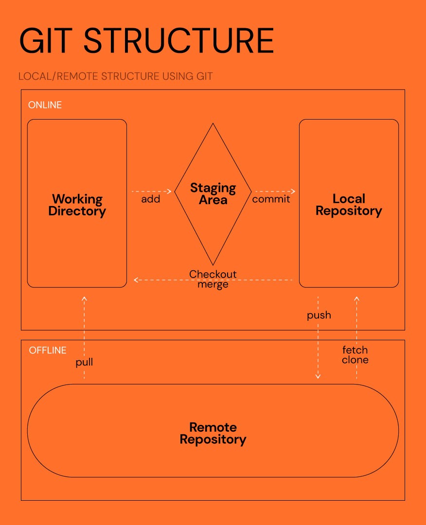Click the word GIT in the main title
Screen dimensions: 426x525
(x=46, y=41)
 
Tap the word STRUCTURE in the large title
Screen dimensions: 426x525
(x=179, y=41)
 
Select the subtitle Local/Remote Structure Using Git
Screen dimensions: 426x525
(x=116, y=76)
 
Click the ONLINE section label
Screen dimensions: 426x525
(x=45, y=105)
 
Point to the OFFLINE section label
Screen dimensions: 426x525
(x=48, y=350)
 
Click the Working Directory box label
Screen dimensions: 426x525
(x=77, y=205)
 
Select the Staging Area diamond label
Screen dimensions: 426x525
(x=213, y=194)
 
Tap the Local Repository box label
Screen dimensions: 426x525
(x=349, y=205)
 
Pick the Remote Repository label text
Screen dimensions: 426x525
(x=213, y=434)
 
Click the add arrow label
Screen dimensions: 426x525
(x=151, y=199)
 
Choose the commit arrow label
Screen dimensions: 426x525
(x=271, y=199)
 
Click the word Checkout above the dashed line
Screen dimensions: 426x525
(x=213, y=274)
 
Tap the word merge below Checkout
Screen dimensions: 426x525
(x=213, y=284)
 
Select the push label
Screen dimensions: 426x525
(x=319, y=315)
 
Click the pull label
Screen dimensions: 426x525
(x=84, y=362)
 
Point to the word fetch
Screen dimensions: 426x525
(x=355, y=350)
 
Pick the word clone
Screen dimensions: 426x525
(x=355, y=360)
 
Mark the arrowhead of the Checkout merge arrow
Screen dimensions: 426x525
(x=135, y=280)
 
